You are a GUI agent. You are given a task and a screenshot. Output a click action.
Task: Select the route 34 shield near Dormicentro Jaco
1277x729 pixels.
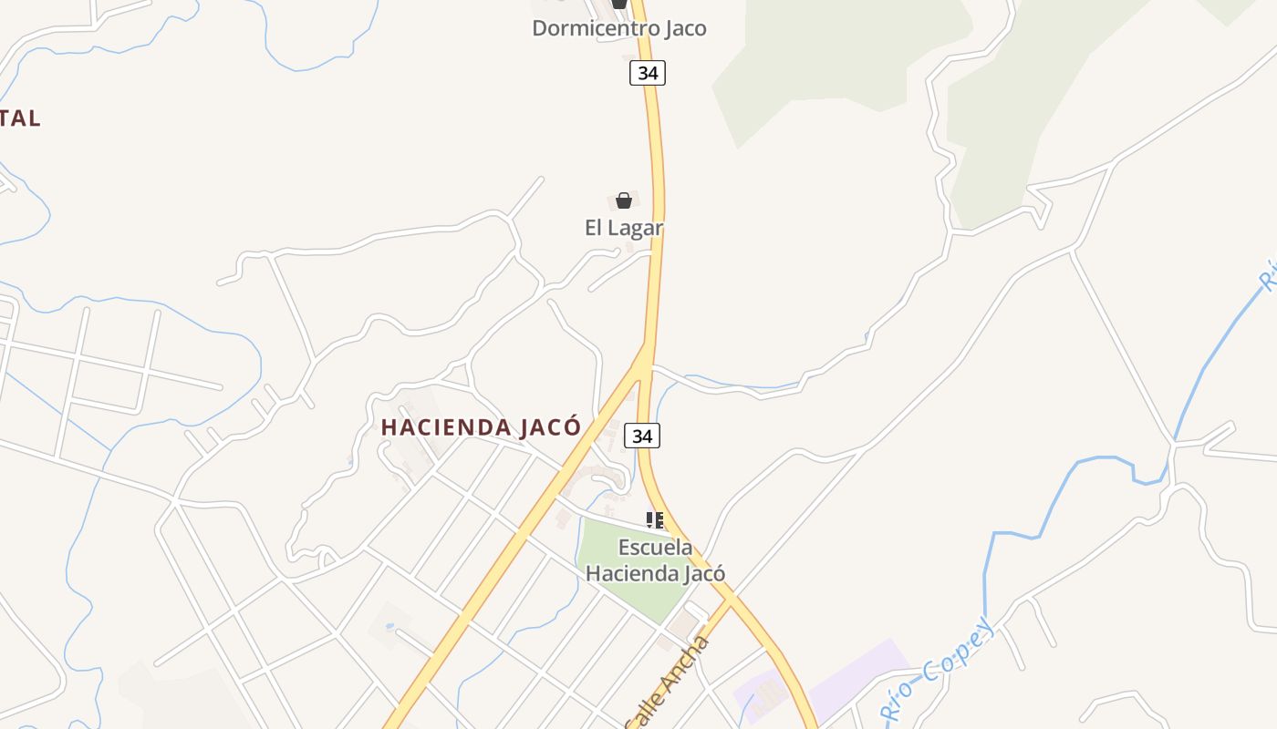[x=648, y=73]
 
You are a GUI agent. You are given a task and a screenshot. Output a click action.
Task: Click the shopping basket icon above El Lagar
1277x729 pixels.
[x=624, y=200]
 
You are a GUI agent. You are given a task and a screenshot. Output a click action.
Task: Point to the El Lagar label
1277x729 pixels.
[x=624, y=228]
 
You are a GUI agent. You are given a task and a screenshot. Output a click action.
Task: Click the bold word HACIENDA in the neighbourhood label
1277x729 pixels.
[x=446, y=427]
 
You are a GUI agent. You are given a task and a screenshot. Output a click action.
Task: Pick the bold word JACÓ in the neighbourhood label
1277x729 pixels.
[x=550, y=427]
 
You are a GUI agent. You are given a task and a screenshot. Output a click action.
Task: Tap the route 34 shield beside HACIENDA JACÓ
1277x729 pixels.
[x=642, y=436]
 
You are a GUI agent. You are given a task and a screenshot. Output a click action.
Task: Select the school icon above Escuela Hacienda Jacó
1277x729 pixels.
[x=655, y=520]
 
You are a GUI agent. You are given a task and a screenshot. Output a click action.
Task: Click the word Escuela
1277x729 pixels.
[x=655, y=548]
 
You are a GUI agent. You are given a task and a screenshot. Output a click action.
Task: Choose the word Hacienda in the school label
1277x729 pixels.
[x=628, y=574]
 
